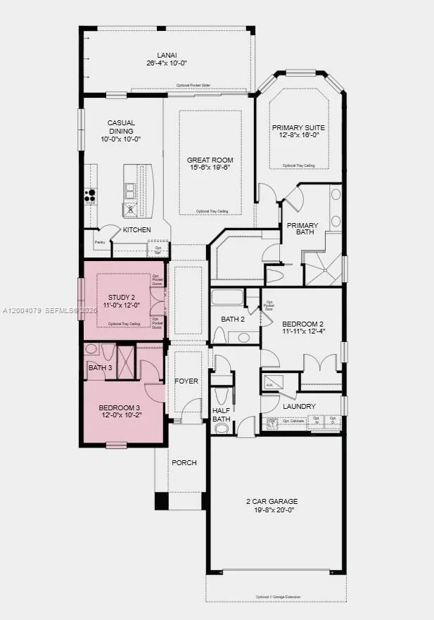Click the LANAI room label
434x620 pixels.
tap(167, 56)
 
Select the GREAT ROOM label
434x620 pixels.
tap(210, 160)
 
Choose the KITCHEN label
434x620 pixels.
tap(137, 230)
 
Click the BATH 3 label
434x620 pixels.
tap(100, 367)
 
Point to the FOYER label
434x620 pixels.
tap(186, 381)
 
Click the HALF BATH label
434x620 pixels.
tap(222, 415)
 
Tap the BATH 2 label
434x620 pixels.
tap(233, 319)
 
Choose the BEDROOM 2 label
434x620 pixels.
tap(303, 325)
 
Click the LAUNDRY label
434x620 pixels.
tap(299, 406)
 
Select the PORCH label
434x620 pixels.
tap(184, 462)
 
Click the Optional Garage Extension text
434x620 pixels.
tap(278, 597)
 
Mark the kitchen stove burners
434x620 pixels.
tap(91, 194)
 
